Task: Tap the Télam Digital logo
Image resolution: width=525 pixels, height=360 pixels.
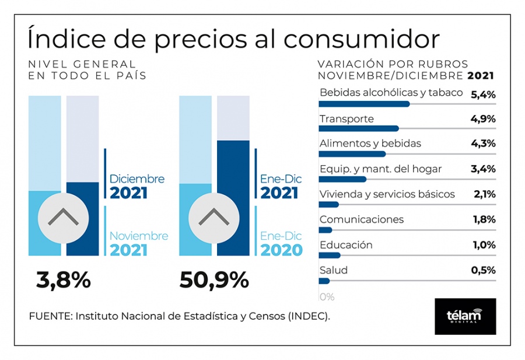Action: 465,316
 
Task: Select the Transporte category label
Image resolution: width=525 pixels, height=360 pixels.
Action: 346,119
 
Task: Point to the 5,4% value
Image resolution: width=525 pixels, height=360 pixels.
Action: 483,93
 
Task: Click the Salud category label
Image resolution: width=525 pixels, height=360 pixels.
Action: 334,270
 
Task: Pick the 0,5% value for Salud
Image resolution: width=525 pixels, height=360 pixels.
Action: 483,270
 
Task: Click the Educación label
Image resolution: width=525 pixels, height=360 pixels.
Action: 346,245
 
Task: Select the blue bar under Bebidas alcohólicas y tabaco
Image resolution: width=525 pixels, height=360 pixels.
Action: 364,104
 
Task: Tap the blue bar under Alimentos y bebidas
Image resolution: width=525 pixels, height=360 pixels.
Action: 352,154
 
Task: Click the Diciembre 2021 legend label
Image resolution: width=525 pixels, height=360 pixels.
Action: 136,186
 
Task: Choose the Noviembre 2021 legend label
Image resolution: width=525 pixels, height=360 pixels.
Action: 138,243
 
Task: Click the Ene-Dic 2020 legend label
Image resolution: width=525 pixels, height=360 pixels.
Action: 281,243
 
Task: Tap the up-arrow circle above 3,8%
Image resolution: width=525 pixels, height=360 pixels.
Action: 64,218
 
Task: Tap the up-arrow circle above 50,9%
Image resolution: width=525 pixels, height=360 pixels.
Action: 214,218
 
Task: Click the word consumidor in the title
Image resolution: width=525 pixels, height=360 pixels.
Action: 362,39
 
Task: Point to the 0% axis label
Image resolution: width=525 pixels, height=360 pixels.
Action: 327,296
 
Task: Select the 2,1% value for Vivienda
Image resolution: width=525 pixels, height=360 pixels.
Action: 483,194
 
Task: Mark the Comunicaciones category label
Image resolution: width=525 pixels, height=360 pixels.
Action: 362,219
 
